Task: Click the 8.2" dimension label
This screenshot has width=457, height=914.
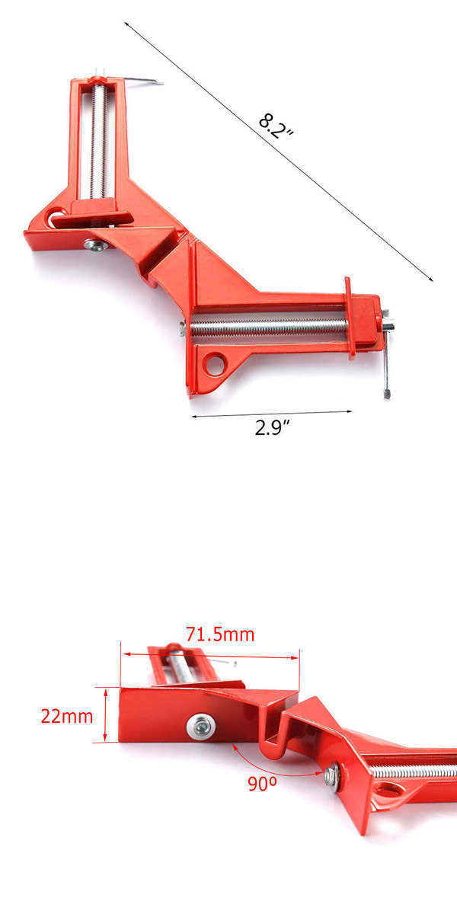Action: (x=275, y=124)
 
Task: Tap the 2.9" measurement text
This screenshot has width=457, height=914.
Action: (x=273, y=427)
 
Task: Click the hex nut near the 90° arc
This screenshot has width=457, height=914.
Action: (x=333, y=776)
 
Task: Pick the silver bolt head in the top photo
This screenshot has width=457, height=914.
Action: (x=94, y=244)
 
